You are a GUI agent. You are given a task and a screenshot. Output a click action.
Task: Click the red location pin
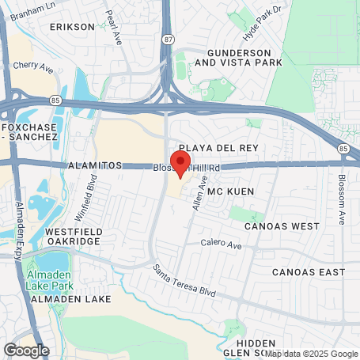coord(181,164)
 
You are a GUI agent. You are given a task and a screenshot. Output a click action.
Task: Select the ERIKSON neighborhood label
coord(72,26)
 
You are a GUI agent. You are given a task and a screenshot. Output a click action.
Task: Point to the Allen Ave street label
coord(199,193)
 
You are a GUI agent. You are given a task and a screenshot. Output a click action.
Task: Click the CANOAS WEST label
coord(283,225)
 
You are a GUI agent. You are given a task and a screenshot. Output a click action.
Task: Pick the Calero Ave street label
coord(220,242)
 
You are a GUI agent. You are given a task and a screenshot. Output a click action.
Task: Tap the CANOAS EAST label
coord(308,272)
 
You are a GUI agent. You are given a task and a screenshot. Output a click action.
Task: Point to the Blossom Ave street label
coord(342,199)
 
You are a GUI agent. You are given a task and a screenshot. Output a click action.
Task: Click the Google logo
coord(26,350)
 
